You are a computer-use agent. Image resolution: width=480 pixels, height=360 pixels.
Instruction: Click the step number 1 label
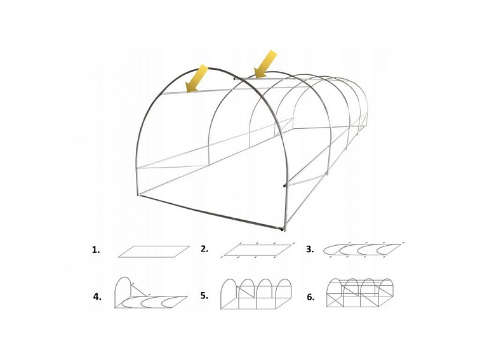pyautogui.click(x=96, y=250)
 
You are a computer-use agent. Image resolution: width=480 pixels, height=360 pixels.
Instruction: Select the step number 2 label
pyautogui.click(x=204, y=249)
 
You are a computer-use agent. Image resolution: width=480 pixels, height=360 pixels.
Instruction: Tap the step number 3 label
pyautogui.click(x=310, y=250)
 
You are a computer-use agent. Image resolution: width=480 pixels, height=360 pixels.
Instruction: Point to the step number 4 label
pyautogui.click(x=97, y=296)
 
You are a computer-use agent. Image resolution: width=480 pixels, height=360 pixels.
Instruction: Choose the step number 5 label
pyautogui.click(x=204, y=296)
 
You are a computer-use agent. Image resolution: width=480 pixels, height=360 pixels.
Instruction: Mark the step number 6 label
pyautogui.click(x=310, y=297)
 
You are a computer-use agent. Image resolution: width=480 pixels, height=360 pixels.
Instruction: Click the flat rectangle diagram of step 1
pyautogui.click(x=154, y=251)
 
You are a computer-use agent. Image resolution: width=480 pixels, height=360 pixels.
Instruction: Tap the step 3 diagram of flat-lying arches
pyautogui.click(x=363, y=250)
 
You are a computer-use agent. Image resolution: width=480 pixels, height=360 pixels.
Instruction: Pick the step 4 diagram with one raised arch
pyautogui.click(x=149, y=295)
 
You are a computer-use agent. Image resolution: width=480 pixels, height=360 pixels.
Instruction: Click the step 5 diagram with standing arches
pyautogui.click(x=255, y=295)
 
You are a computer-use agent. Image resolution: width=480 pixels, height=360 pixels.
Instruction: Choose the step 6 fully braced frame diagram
pyautogui.click(x=359, y=293)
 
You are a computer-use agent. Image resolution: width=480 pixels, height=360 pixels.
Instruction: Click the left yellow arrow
pyautogui.click(x=196, y=78)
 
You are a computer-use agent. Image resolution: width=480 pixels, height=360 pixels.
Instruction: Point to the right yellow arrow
pyautogui.click(x=265, y=64)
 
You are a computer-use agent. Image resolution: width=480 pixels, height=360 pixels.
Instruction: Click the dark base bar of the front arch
pyautogui.click(x=210, y=212)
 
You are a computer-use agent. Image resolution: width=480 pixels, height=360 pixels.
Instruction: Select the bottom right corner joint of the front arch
pyautogui.click(x=282, y=229)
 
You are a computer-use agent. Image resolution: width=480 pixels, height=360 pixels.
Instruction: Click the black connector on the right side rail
pyautogui.click(x=284, y=186)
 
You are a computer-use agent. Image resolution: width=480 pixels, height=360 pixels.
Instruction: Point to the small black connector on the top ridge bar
pyautogui.click(x=234, y=79)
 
